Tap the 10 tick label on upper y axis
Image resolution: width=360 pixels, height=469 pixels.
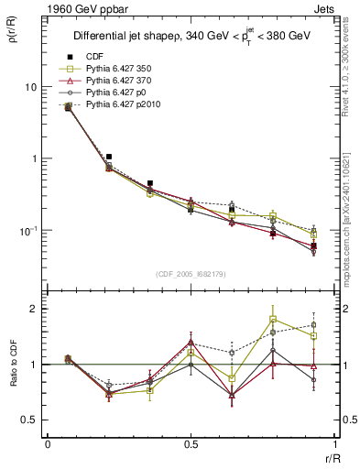[30, 87]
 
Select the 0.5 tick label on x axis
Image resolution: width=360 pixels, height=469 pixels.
[191, 444]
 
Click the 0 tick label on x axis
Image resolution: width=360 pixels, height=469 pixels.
[48, 444]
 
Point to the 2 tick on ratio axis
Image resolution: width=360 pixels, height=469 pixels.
[34, 309]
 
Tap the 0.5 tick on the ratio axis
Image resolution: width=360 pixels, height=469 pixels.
[29, 420]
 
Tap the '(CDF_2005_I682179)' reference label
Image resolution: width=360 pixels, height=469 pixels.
[190, 274]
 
